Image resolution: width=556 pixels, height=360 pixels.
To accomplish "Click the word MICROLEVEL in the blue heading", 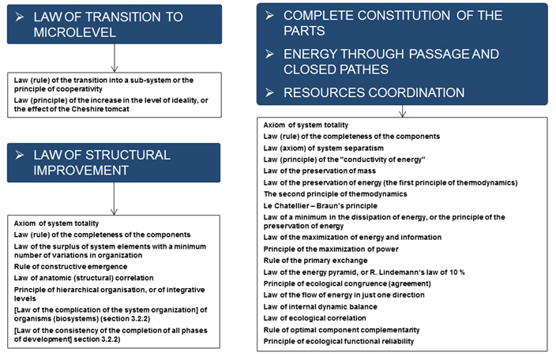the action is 75,32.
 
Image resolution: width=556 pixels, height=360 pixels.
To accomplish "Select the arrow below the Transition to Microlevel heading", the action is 115,58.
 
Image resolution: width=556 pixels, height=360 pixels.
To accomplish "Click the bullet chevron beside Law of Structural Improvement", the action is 20,155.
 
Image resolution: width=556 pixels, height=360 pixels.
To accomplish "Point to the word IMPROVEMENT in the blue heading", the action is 81,171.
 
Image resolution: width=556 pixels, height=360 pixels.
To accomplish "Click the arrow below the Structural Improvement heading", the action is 114,199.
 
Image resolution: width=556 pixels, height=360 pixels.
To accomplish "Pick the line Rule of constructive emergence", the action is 70,267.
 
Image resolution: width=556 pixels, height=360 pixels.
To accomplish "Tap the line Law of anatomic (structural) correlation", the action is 84,278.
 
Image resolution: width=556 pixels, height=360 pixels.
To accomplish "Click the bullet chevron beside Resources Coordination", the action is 269,92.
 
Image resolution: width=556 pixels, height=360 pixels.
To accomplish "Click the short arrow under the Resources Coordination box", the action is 402,111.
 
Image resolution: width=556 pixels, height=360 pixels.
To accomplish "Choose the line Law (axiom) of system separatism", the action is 323,148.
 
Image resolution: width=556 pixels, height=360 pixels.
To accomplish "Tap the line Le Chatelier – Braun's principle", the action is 320,206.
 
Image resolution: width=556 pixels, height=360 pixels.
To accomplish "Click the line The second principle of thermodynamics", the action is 336,194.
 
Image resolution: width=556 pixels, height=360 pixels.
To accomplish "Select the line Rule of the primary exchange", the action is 315,261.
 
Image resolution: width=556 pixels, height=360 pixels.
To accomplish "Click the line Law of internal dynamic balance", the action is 320,306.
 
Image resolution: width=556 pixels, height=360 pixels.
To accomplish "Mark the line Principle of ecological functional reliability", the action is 339,341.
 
